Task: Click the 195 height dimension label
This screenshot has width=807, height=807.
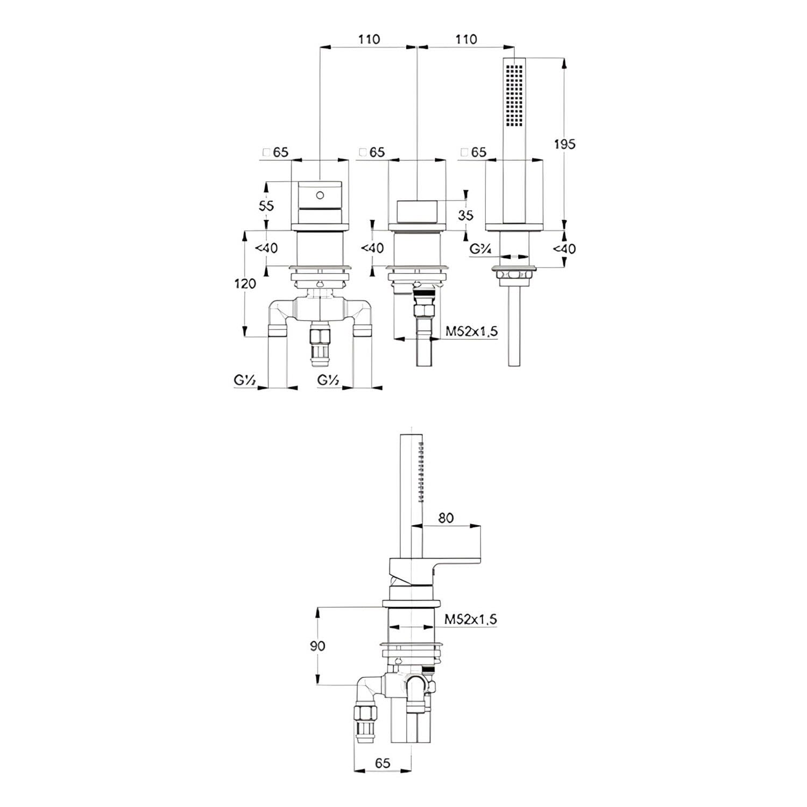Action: click(x=565, y=144)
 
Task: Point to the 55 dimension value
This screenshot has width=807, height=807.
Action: click(x=266, y=206)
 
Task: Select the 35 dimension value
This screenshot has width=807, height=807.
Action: click(x=466, y=215)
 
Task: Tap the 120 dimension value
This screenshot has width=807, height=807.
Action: click(x=245, y=283)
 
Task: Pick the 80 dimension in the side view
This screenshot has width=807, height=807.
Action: click(x=446, y=518)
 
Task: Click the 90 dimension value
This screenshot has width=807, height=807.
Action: click(x=318, y=645)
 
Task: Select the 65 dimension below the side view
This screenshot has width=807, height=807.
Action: click(x=383, y=763)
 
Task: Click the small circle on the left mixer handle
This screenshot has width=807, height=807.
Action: click(x=320, y=194)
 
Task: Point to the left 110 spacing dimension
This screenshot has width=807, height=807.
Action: click(x=369, y=39)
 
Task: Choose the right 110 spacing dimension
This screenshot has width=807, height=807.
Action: click(x=466, y=39)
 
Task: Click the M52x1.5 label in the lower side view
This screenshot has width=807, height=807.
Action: click(x=471, y=620)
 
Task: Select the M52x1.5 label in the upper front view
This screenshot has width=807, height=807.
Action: click(x=472, y=331)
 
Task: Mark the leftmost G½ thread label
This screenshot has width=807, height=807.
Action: click(x=244, y=380)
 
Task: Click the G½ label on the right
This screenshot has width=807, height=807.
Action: click(x=328, y=380)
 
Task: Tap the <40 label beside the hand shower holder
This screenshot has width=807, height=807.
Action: click(x=564, y=249)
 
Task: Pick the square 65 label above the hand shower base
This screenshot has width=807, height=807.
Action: click(x=473, y=152)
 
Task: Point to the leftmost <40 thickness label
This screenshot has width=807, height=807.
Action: click(x=266, y=248)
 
